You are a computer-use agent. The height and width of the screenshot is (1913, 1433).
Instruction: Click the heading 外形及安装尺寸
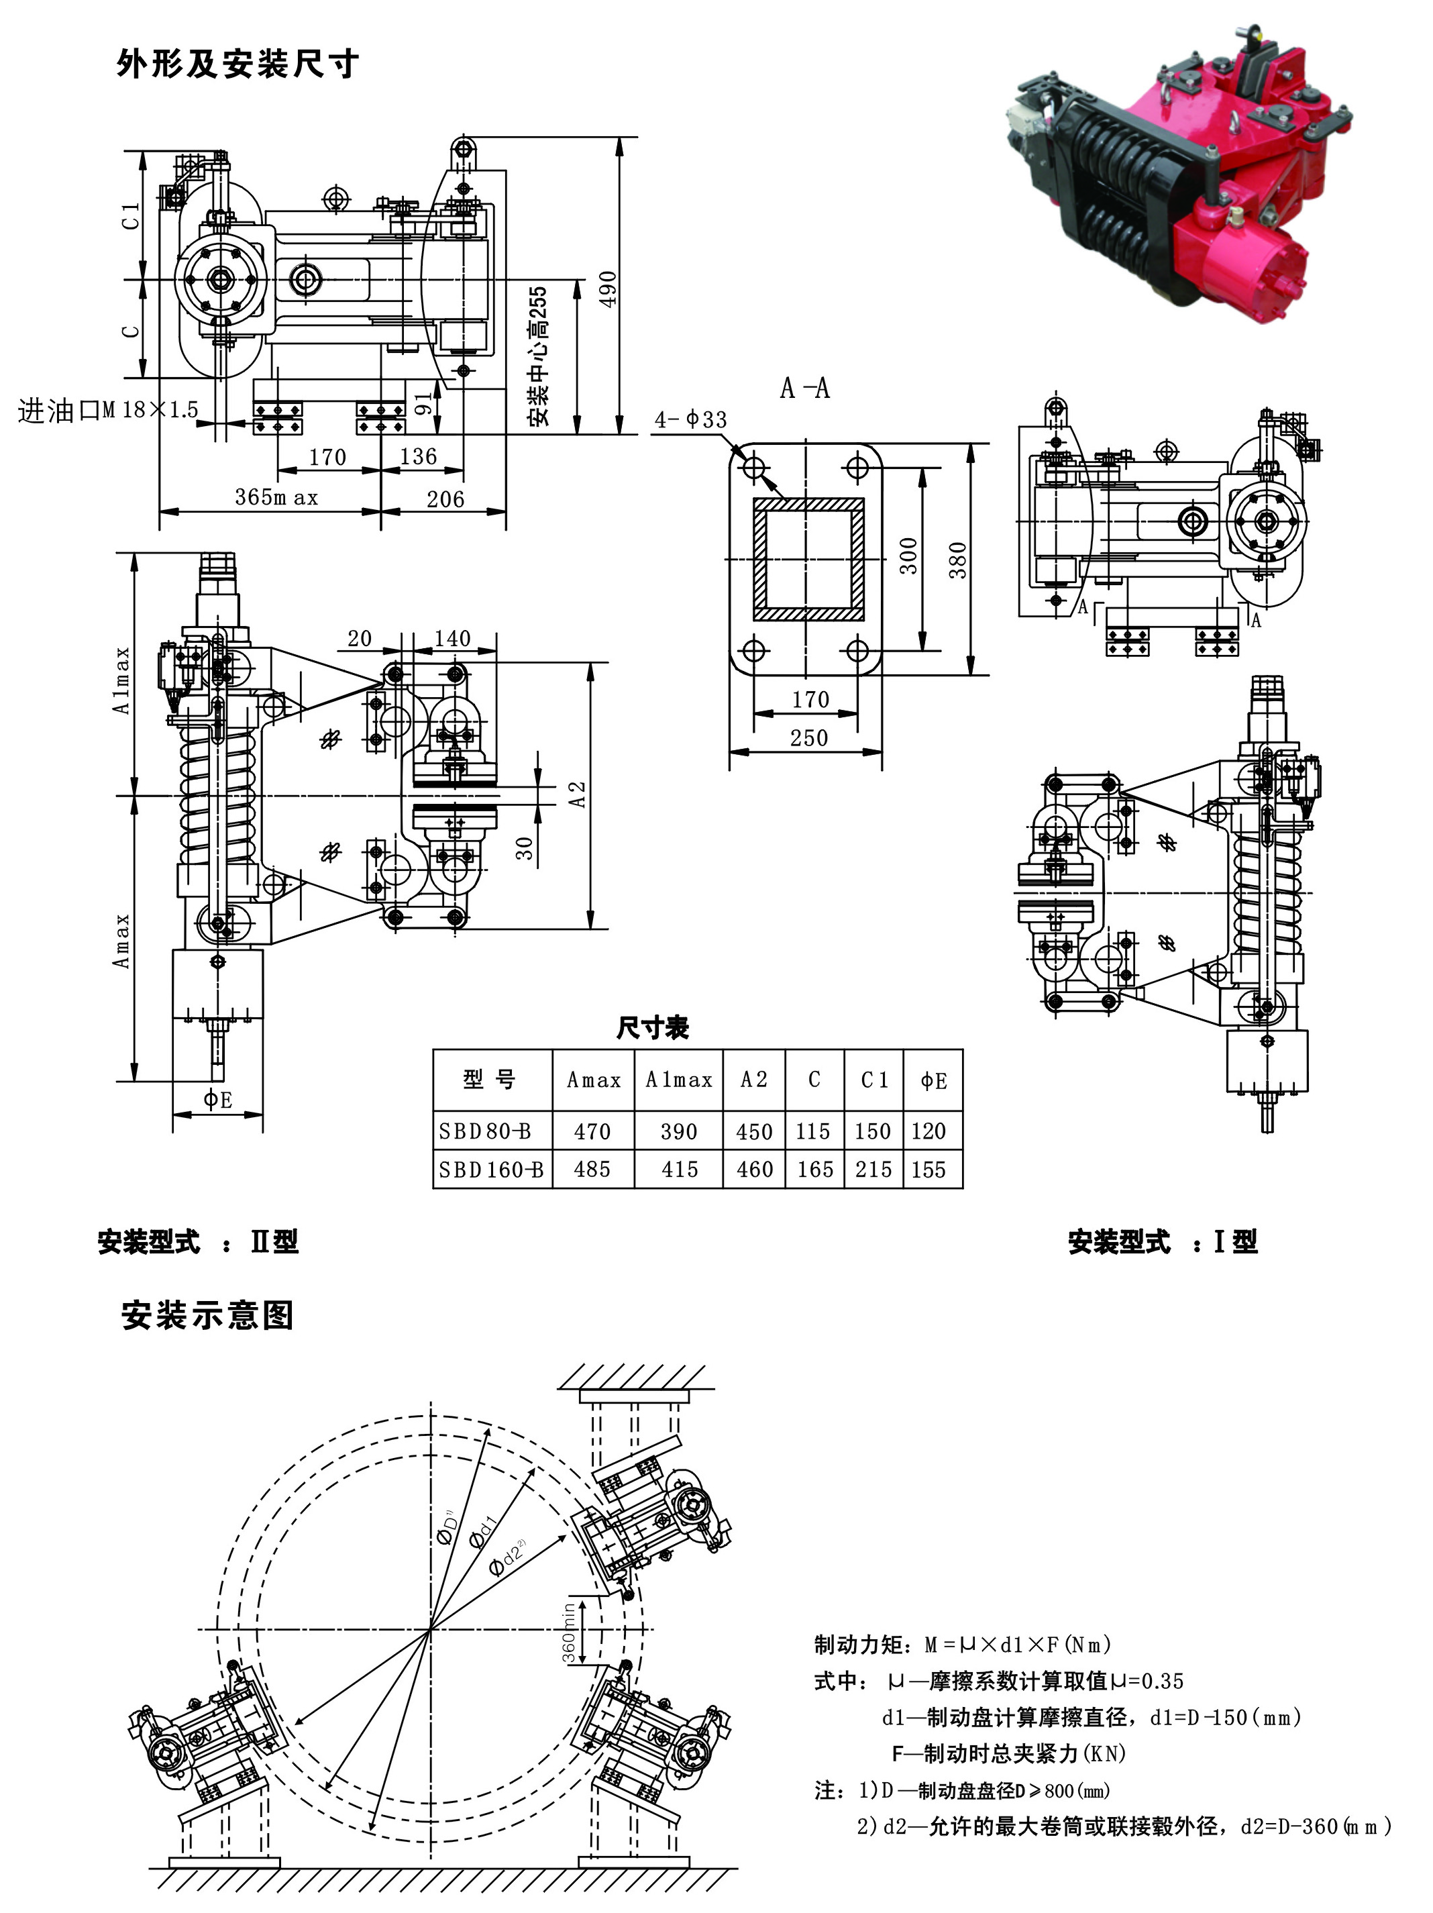click(x=237, y=64)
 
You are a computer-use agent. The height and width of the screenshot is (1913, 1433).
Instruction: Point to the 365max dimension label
click(x=277, y=498)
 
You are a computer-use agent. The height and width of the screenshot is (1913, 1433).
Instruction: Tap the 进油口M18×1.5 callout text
click(x=108, y=410)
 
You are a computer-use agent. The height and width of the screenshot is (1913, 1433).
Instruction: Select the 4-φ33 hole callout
click(x=691, y=420)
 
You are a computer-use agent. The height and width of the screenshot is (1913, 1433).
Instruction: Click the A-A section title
click(x=804, y=389)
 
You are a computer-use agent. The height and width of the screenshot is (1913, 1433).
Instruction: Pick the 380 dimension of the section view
click(x=957, y=560)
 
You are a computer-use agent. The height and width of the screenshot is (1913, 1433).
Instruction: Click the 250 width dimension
click(x=808, y=737)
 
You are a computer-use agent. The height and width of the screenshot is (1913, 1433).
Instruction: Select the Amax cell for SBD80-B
click(x=592, y=1131)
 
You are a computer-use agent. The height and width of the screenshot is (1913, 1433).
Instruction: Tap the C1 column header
click(x=874, y=1080)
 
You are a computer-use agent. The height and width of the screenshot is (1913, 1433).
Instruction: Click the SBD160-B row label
click(x=490, y=1170)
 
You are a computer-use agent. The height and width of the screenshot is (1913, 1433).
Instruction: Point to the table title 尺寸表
click(x=653, y=1028)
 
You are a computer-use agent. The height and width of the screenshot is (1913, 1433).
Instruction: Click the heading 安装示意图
click(x=207, y=1315)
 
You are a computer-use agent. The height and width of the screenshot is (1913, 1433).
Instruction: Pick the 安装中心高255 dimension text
click(x=538, y=356)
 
